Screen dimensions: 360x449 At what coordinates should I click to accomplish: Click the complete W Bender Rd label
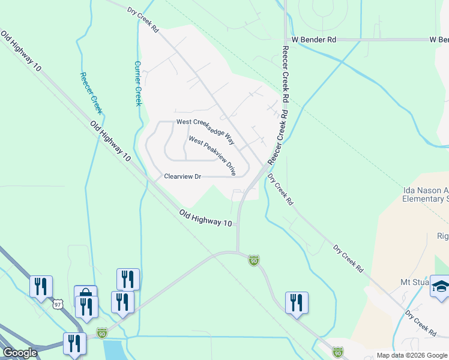[314, 40]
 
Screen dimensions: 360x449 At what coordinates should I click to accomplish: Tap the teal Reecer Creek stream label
[91, 93]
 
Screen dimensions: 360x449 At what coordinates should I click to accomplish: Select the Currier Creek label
[137, 83]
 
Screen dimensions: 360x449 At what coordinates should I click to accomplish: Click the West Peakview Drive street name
[212, 155]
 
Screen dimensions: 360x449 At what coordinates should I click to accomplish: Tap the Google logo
[20, 353]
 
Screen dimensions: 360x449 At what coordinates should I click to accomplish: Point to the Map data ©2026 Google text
[412, 355]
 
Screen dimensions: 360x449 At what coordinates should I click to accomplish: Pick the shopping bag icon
[85, 295]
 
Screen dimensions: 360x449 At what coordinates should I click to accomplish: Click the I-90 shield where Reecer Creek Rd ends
[254, 260]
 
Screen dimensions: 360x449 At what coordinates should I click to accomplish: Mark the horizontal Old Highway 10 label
[205, 218]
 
